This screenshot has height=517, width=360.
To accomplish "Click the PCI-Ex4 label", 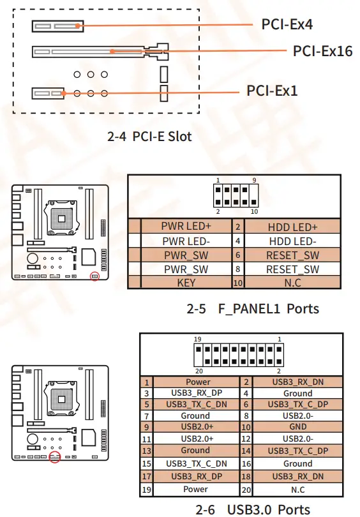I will pos(287,25).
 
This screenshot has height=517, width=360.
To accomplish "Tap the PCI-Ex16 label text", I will pos(322,50).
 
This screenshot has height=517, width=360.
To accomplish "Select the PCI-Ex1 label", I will pos(272,91).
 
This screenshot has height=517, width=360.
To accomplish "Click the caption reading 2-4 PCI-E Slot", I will pos(150,136).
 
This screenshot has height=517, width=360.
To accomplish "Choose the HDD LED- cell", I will pos(292,241).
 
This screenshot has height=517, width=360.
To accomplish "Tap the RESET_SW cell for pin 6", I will pos(292,255).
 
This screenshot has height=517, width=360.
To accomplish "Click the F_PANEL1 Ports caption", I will pos(253,309).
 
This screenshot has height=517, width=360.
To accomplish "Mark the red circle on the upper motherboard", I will pos(95,276).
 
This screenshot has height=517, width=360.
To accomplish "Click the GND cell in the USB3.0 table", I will pos(297,426).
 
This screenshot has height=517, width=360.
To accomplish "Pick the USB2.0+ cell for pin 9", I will pos(195,426).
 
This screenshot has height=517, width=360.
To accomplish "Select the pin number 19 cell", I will pos(147,490).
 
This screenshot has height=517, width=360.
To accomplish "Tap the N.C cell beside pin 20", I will pos(297,490).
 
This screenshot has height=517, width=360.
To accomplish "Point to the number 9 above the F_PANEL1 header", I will pos(254,181).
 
